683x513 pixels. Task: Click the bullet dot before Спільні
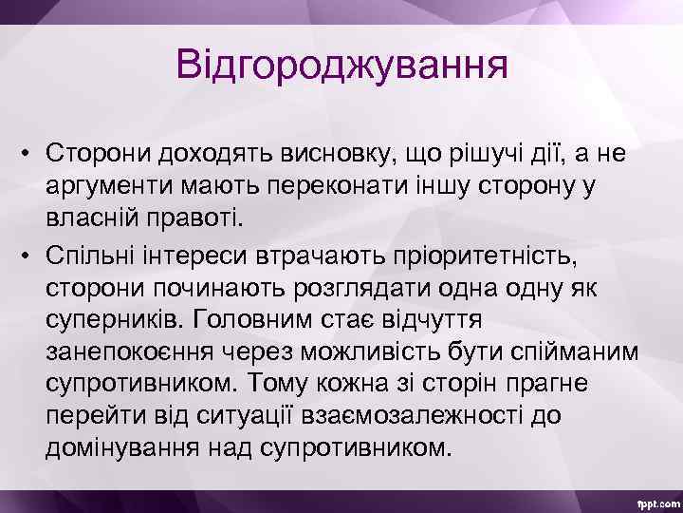[x=30, y=253]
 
